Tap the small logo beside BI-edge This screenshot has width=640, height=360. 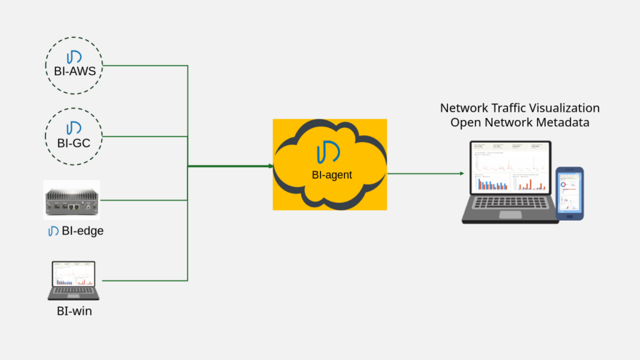(54, 231)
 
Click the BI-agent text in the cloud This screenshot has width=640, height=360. (332, 175)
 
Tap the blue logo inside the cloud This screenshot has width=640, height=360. (328, 154)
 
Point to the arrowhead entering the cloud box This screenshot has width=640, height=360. (270, 166)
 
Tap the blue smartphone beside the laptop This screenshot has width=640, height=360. (569, 193)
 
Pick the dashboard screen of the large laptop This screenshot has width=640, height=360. (510, 168)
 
